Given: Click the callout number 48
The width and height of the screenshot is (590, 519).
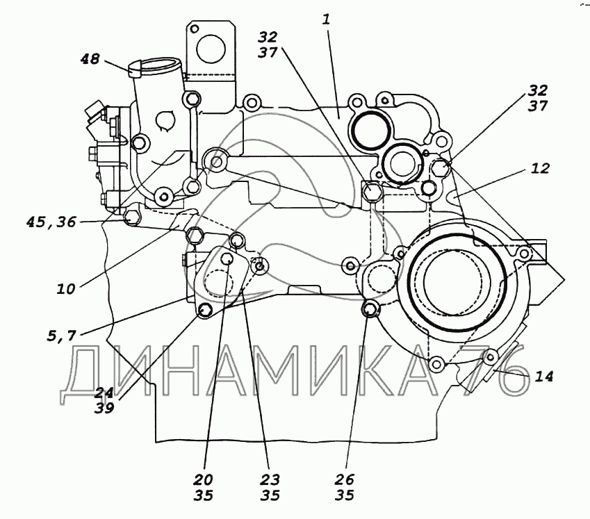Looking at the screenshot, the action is coord(90,59).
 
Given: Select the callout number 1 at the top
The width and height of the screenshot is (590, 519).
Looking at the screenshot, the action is coord(326,19).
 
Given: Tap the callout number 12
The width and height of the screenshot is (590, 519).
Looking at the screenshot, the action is coord(541,168).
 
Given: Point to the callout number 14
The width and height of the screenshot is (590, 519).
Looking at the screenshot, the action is coord(544,376).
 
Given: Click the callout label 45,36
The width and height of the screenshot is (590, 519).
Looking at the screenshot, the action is coord(51,222).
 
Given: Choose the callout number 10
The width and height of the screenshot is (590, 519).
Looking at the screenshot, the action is coord(66,289).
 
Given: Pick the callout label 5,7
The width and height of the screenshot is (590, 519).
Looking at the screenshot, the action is coord(62,336).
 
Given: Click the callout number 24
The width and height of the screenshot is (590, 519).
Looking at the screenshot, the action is coord(104,393).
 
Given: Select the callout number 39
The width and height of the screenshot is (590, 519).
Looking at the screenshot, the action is coord(104,408).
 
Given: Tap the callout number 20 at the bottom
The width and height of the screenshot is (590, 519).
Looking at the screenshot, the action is coord(204,479).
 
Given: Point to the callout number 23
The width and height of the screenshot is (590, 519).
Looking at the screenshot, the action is coord(270,479).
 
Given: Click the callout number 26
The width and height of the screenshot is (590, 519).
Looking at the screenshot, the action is coord(345,479).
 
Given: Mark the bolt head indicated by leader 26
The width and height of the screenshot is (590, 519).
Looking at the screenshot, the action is coord(370,309).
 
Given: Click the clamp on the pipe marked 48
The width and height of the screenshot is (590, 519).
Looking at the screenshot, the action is coord(135,69).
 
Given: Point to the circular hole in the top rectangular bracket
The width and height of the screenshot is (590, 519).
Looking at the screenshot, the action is coord(211,49).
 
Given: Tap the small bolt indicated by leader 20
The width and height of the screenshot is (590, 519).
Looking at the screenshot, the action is coord(227,258).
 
